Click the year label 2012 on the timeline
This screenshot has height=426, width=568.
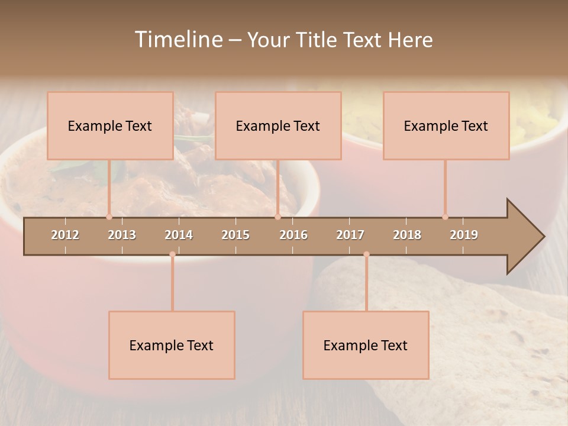coord(65,235)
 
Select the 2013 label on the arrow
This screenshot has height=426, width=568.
coord(122,235)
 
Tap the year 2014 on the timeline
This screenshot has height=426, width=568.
coord(179,235)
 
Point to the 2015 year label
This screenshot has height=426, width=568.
coord(235,235)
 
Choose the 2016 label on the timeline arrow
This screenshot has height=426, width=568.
coord(293,235)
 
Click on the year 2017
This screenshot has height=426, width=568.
coord(350,235)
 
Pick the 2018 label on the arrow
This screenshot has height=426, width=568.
coord(407,235)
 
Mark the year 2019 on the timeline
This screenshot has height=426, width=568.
coord(464,235)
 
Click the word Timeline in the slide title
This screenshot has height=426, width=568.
coord(177,40)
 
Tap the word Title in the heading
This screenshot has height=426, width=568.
coord(318,40)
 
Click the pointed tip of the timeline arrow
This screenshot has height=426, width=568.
coord(543,237)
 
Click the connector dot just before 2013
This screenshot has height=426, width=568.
coord(109,217)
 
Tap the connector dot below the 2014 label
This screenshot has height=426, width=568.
coord(172,254)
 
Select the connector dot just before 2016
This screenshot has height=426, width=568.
coord(277,217)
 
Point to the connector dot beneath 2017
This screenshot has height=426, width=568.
coord(366,254)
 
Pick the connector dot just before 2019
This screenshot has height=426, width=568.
coord(445,217)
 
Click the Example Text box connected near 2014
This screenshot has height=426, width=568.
coord(172,345)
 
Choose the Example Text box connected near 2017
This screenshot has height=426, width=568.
coord(366,345)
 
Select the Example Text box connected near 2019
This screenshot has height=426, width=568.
coord(446,125)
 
